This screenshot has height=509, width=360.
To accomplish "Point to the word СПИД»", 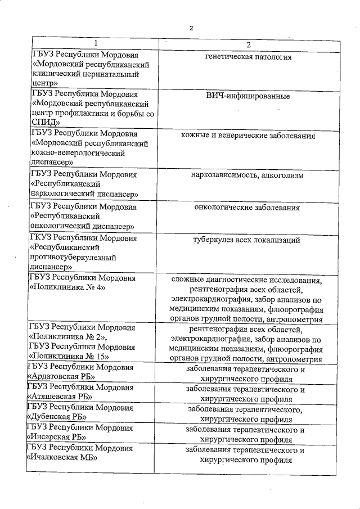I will coord(46,122).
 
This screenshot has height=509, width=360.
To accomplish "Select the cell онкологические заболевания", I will coord(247,208).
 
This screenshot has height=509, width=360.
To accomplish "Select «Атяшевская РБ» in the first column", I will coord(60,397).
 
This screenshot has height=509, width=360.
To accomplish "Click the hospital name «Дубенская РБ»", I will coord(58,417).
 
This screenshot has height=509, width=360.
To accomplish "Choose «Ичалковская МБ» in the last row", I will coord(62,457).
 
